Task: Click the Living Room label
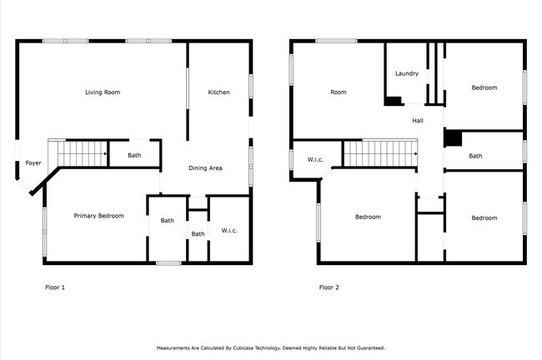[x=103, y=92]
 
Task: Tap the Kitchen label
[x=218, y=92]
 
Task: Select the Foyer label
[x=33, y=162]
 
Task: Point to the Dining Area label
[x=205, y=168]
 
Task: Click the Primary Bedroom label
[x=98, y=216]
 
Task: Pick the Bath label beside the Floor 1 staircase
[x=134, y=154]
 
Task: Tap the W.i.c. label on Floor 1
[x=229, y=230]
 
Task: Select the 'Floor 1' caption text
[x=54, y=287]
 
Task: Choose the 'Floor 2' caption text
[x=329, y=287]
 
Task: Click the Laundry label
[x=406, y=73]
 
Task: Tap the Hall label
[x=418, y=121]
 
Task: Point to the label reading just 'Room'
[x=338, y=92]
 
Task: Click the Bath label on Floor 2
[x=474, y=156]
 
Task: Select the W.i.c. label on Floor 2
[x=314, y=159]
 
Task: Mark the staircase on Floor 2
[x=379, y=153]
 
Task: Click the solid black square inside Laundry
[x=392, y=101]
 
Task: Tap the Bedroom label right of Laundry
[x=484, y=87]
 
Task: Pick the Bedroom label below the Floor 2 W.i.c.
[x=368, y=217]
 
